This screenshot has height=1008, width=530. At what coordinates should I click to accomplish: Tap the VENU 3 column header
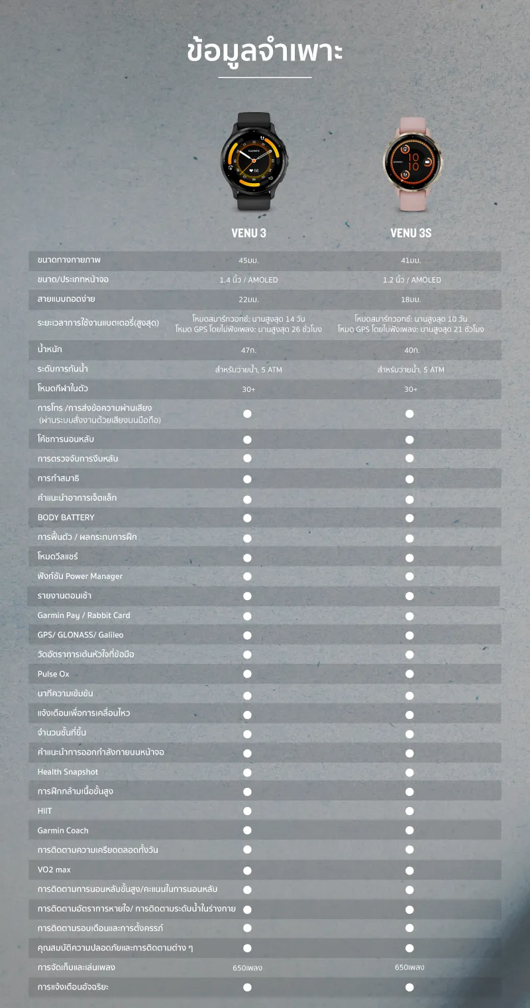(248, 233)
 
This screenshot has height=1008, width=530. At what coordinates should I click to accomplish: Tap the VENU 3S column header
(411, 233)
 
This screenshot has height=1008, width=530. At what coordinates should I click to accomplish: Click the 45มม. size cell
(248, 261)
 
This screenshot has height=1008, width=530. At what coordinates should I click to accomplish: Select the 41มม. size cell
(411, 261)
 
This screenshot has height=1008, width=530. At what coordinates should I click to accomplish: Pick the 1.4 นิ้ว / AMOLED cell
(248, 280)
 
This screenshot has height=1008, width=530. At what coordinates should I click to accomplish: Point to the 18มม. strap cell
(411, 300)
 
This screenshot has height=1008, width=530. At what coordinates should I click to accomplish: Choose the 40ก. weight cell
(411, 350)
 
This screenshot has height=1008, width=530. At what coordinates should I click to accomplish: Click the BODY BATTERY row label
(66, 517)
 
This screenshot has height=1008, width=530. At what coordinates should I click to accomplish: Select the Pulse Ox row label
(54, 674)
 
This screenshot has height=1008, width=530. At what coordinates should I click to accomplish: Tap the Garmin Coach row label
(63, 830)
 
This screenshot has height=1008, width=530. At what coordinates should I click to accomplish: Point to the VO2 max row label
(54, 869)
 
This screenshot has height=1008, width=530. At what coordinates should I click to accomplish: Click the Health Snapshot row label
(68, 772)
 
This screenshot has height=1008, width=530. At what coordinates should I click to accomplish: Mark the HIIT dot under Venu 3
(247, 811)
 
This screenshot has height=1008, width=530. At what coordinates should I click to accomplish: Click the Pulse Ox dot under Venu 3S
(409, 674)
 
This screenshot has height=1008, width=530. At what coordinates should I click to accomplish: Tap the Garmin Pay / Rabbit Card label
(83, 615)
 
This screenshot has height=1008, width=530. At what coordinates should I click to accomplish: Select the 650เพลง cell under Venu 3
(248, 968)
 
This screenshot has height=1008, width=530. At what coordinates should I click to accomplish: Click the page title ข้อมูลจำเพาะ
(265, 52)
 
